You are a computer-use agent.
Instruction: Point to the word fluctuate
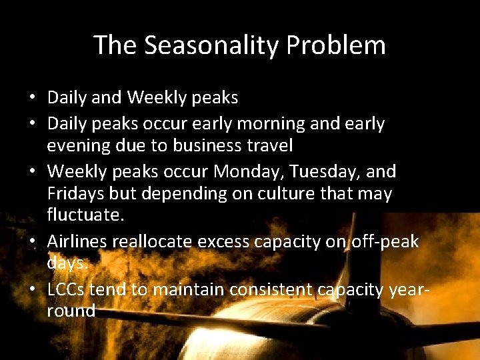click(84, 216)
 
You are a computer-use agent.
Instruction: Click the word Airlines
click(78, 241)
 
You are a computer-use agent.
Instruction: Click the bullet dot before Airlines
click(32, 241)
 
